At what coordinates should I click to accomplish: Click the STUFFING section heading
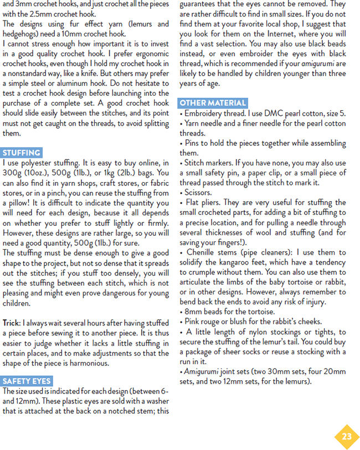pyautogui.click(x=22, y=153)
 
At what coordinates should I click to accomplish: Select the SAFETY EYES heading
pyautogui.click(x=27, y=381)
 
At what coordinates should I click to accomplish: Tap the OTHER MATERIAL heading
pyautogui.click(x=213, y=103)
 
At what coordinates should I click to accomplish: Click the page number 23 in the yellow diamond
pyautogui.click(x=347, y=436)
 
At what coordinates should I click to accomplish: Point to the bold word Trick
pyautogui.click(x=11, y=323)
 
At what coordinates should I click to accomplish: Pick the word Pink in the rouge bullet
pyautogui.click(x=193, y=322)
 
